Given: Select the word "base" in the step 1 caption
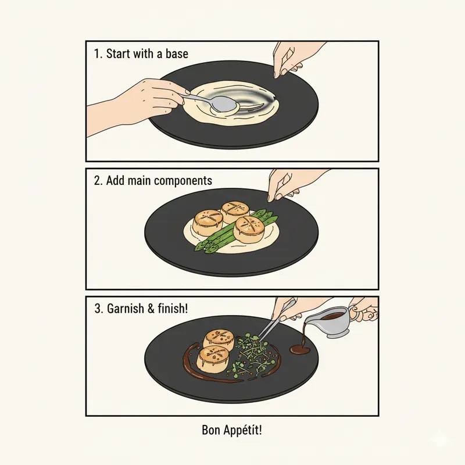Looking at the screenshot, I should click(x=176, y=55).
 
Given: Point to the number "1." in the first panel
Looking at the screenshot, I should click(x=98, y=55).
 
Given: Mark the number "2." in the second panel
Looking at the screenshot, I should click(x=98, y=181).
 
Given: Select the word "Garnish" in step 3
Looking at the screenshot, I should click(x=125, y=308).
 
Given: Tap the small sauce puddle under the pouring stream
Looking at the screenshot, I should click(x=300, y=350).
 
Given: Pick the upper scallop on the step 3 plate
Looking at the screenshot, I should click(x=219, y=339).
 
